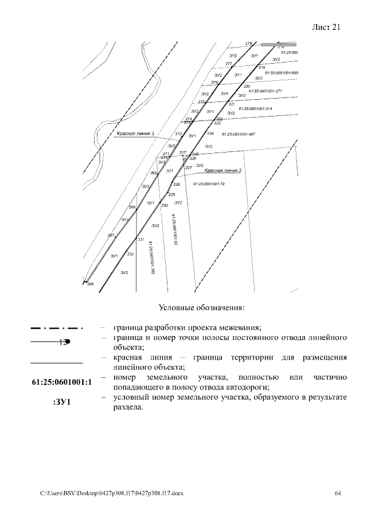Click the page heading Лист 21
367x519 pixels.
click(327, 27)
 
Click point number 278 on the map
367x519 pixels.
click(248, 44)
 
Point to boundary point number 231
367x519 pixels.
click(140, 240)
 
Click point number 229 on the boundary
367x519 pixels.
click(171, 195)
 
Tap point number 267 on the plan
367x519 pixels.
click(111, 235)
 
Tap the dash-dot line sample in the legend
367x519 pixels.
click(56, 329)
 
